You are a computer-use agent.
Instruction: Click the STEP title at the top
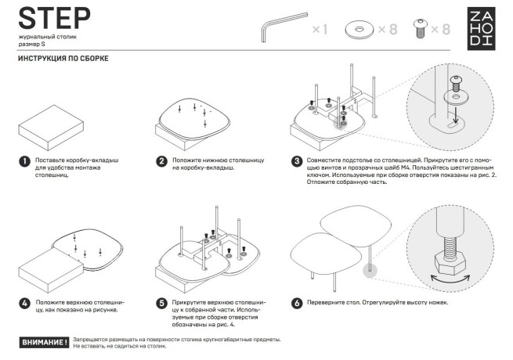click(x=53, y=17)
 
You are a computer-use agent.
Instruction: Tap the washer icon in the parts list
click(x=362, y=30)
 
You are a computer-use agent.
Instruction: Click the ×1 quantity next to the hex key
click(x=320, y=30)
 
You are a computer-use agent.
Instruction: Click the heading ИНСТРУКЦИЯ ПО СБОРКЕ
click(x=63, y=59)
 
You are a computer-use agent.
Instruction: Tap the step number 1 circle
click(x=24, y=162)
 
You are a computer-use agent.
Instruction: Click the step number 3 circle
click(x=298, y=162)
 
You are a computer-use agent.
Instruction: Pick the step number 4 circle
click(x=24, y=303)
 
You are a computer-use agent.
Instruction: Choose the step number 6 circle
click(x=298, y=303)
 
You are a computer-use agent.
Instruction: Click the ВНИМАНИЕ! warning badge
click(x=43, y=343)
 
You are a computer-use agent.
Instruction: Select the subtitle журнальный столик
click(x=47, y=38)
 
